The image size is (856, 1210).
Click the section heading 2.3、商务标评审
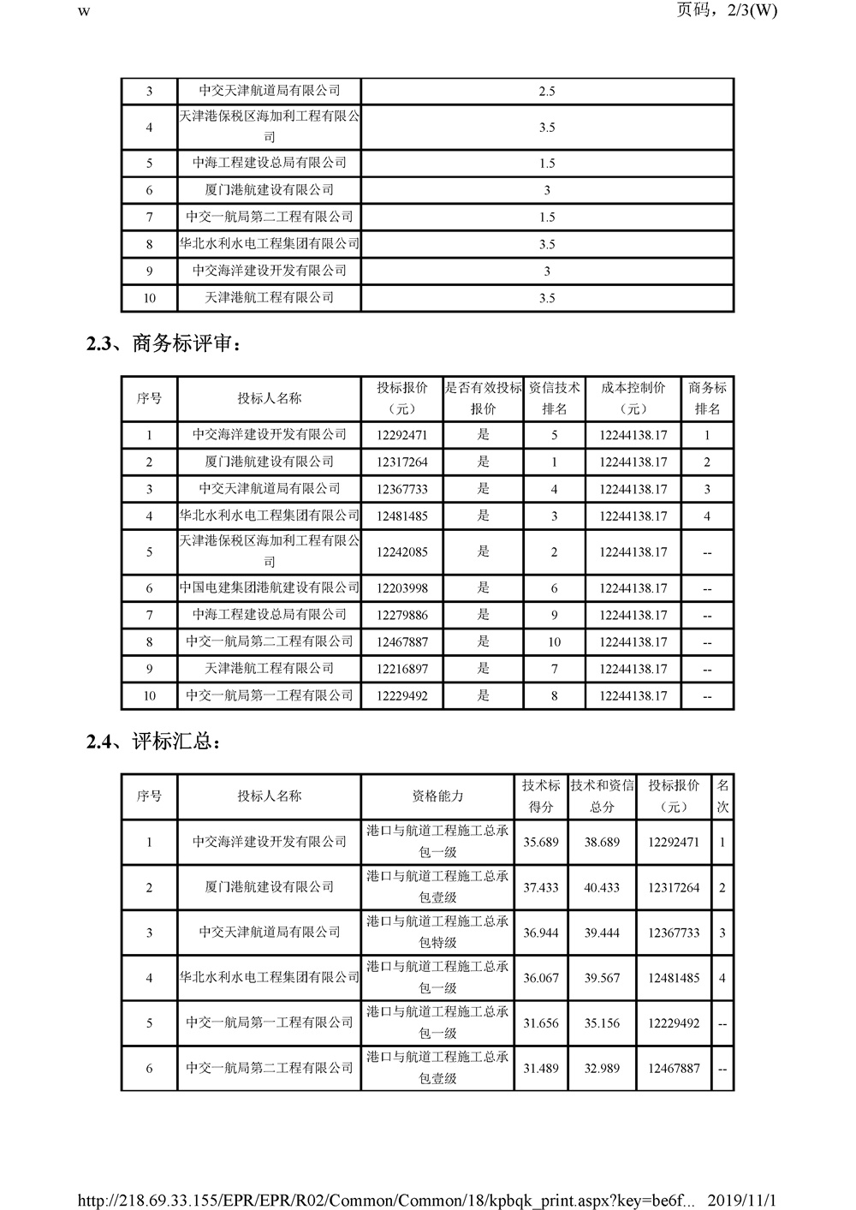click(x=163, y=344)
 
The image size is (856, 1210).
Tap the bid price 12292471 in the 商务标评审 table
click(x=401, y=435)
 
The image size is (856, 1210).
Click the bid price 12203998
click(x=401, y=588)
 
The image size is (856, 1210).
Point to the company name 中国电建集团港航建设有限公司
click(x=270, y=587)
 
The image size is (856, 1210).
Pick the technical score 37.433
click(x=541, y=887)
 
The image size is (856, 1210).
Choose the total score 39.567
click(x=602, y=978)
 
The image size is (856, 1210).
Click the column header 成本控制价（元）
click(x=633, y=398)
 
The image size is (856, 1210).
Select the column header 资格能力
click(x=437, y=796)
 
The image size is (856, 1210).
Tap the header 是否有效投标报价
click(x=483, y=398)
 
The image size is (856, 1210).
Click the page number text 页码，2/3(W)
click(x=727, y=11)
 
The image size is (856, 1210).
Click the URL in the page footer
click(x=384, y=1201)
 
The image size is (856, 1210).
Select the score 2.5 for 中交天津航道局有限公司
click(x=547, y=92)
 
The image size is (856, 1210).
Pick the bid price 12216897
click(x=401, y=669)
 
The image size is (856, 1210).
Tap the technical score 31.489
click(x=541, y=1069)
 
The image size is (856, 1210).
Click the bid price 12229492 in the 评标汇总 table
click(x=674, y=1023)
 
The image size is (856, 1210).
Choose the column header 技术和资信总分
click(x=602, y=796)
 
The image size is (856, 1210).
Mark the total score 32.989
click(x=602, y=1069)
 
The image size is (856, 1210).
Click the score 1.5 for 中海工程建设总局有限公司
click(x=547, y=164)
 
